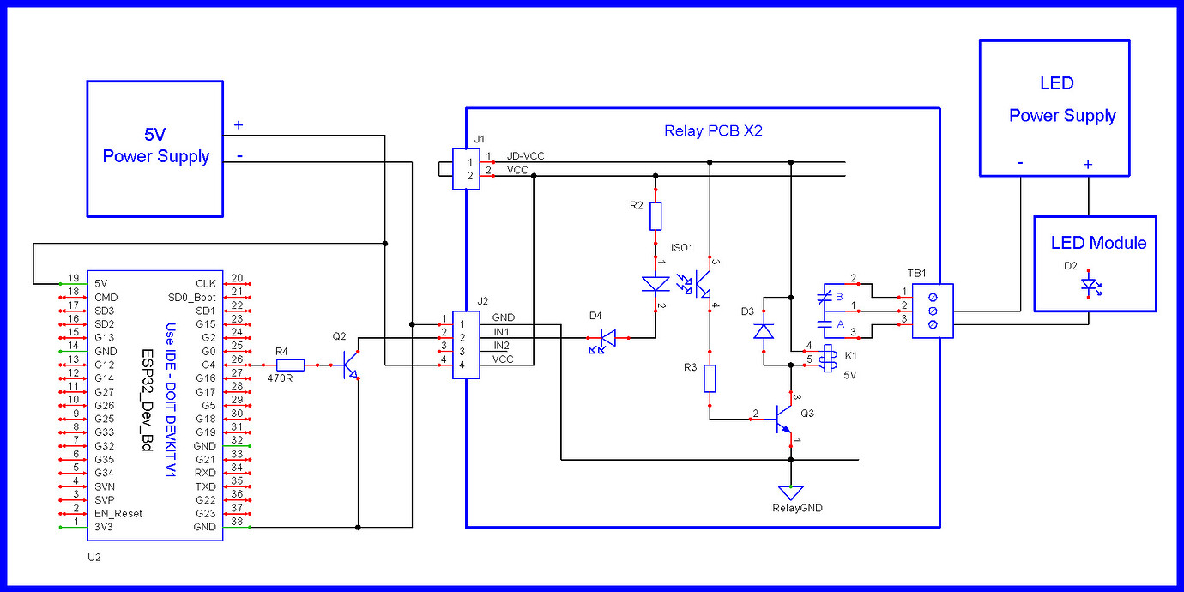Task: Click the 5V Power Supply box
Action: click(x=154, y=148)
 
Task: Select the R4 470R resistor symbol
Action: click(x=291, y=365)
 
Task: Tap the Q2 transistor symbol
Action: click(x=350, y=365)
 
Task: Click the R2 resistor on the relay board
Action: click(x=656, y=216)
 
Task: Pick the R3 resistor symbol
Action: click(x=710, y=378)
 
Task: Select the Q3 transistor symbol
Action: click(x=783, y=419)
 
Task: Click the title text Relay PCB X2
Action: click(x=713, y=131)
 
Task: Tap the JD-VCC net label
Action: click(x=525, y=156)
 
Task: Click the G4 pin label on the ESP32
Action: click(x=206, y=364)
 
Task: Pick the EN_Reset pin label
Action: click(x=119, y=513)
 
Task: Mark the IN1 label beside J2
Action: click(x=502, y=331)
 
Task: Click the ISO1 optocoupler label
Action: click(x=682, y=249)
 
